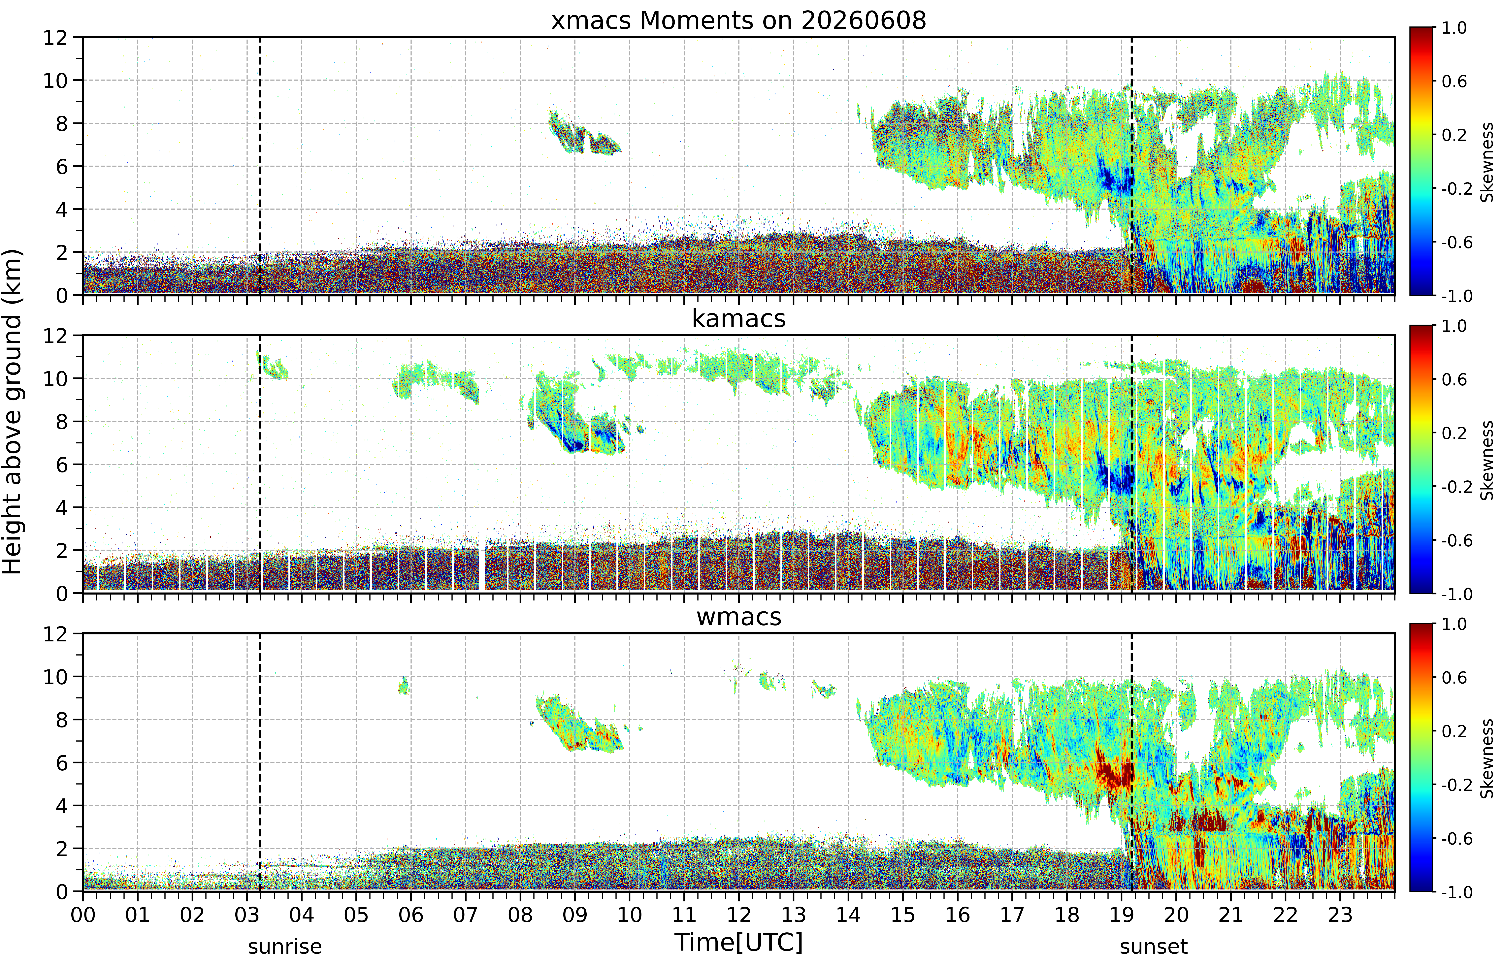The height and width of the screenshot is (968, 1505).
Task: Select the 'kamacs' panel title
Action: [739, 319]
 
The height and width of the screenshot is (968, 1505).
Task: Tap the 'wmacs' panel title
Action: [739, 617]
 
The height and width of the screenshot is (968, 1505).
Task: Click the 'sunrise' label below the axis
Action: [285, 947]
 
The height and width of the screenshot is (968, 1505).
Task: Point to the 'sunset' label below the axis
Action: [1154, 947]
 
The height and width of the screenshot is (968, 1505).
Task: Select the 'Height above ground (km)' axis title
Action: [12, 412]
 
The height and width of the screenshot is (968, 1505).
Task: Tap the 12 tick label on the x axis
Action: [739, 915]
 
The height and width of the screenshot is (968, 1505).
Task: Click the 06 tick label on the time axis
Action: [410, 915]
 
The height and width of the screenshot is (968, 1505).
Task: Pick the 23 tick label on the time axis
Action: [1340, 915]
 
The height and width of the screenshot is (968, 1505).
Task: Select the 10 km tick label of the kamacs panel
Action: [55, 378]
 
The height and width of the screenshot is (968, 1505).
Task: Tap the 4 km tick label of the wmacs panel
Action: [61, 806]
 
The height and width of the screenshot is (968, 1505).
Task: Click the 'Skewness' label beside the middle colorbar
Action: [1487, 460]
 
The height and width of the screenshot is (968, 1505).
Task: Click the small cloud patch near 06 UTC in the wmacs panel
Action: [404, 685]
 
